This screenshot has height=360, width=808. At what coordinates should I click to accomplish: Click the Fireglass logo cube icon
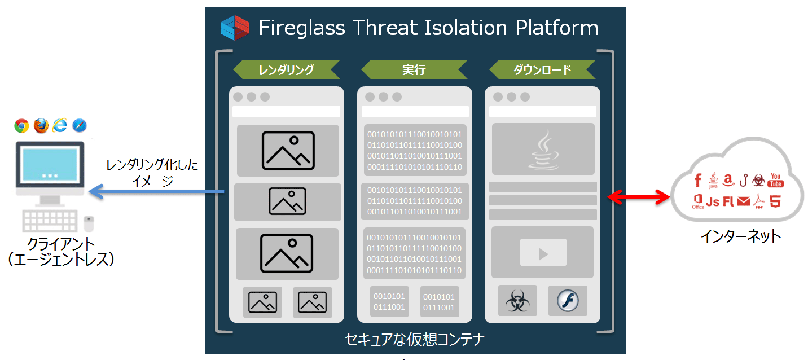point(235,28)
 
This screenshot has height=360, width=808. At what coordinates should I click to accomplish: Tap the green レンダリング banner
point(286,69)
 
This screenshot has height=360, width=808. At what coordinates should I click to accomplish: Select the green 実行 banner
point(414,69)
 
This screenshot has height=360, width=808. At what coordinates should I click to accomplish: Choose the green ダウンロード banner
point(542,69)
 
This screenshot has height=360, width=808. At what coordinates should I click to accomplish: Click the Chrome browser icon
point(22,125)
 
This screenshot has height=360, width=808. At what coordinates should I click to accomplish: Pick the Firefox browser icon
point(41,125)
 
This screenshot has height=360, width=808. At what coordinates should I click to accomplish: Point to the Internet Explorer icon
point(60,125)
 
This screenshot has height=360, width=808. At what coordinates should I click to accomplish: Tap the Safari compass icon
point(80,125)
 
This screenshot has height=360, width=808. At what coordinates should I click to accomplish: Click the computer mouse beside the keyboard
point(89,223)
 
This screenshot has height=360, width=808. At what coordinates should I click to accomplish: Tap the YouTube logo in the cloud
point(776,181)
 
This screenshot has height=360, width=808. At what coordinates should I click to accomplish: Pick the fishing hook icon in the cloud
point(744,181)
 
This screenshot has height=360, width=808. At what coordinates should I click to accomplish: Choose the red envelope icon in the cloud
point(744,201)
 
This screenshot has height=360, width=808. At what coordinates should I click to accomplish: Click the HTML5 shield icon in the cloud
point(775,201)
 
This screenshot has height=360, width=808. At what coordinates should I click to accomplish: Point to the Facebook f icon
point(698,181)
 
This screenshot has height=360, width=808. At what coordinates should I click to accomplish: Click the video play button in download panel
point(543,253)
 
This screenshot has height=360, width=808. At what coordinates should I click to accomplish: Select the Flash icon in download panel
point(567,301)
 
